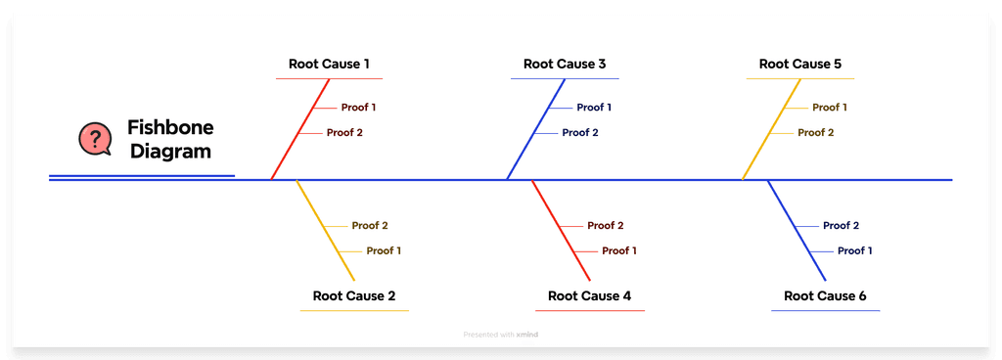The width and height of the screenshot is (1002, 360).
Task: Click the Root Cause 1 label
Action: [x=329, y=65]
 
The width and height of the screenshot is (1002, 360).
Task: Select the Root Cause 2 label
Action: [x=354, y=295]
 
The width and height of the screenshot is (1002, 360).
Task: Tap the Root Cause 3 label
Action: [x=565, y=65]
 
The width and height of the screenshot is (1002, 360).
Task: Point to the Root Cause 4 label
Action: [x=589, y=295]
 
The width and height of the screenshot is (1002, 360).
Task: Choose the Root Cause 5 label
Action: [x=800, y=65]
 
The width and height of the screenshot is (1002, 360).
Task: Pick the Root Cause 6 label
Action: [x=825, y=295]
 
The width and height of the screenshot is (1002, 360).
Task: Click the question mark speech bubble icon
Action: [x=95, y=139]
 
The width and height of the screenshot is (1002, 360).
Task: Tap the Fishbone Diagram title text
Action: [x=170, y=140]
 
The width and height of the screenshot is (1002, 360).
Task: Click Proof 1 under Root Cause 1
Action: [x=358, y=108]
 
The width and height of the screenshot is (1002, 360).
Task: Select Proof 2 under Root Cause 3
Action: [x=579, y=132]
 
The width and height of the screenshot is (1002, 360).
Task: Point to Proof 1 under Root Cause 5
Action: [x=830, y=108]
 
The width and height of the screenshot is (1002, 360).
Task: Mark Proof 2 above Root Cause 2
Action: [x=370, y=226]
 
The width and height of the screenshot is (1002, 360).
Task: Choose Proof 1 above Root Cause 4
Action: [x=619, y=250]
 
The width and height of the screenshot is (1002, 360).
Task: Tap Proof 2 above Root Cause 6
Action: [x=841, y=226]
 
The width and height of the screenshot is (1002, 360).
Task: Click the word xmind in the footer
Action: [x=527, y=335]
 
